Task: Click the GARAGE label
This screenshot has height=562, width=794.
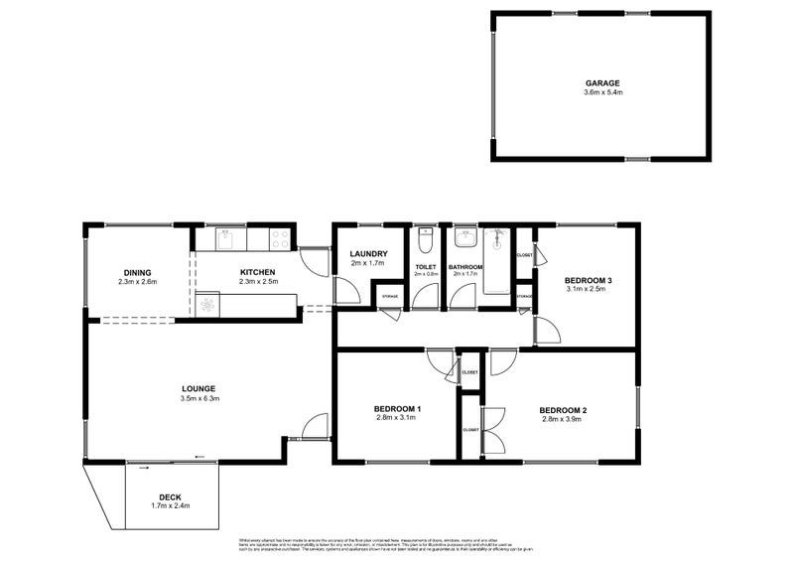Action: click(602, 82)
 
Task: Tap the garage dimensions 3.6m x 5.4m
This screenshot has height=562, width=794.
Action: click(602, 92)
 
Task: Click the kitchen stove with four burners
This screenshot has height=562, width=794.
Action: click(279, 239)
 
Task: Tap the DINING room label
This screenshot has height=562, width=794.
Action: click(137, 272)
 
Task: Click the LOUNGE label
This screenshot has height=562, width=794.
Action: click(199, 388)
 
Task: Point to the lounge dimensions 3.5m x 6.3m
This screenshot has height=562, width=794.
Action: click(199, 398)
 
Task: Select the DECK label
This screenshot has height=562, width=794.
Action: click(171, 497)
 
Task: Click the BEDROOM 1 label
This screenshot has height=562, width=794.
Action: click(397, 408)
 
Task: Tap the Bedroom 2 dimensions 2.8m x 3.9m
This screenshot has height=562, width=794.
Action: click(564, 419)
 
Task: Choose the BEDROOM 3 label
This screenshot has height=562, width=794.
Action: click(588, 280)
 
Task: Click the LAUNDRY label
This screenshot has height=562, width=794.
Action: click(368, 254)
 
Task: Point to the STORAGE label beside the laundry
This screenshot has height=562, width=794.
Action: click(389, 296)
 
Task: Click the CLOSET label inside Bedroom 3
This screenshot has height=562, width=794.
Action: click(525, 256)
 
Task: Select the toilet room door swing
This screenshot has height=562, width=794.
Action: click(426, 297)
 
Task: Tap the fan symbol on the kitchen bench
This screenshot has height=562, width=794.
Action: click(208, 305)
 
